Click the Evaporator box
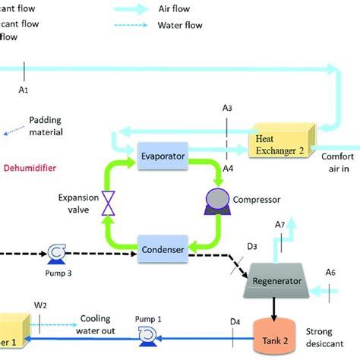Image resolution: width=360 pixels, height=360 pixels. pos(163,156)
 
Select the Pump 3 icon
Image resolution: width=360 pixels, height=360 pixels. pos(55,252)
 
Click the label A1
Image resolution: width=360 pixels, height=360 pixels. pos(24,90)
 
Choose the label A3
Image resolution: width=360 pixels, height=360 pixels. pos(226,109)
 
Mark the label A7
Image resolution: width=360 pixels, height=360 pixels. pos(279,224)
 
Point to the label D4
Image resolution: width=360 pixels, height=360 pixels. pos(235,321)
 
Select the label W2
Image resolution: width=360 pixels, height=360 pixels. pos(41,305)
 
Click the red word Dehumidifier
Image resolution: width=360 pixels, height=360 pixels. pos(30,168)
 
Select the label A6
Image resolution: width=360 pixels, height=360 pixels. pos(330,272)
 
